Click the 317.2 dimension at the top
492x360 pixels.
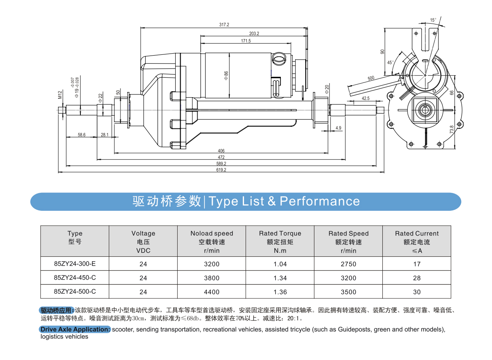(224, 25)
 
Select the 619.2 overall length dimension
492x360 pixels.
(221, 170)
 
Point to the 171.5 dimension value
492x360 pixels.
(246, 41)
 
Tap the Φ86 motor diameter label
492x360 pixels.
(226, 75)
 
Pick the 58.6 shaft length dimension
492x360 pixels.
(82, 135)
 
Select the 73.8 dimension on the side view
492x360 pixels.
(452, 130)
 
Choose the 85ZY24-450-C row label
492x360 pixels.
(75, 278)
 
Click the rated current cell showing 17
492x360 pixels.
(417, 264)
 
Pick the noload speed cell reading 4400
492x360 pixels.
(212, 292)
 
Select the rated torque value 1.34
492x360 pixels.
(280, 278)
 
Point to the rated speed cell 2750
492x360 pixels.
(348, 264)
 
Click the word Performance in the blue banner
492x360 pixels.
(320, 201)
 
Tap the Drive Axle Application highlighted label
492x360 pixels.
(75, 329)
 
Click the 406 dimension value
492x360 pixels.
(221, 151)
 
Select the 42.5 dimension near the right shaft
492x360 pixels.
(365, 98)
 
